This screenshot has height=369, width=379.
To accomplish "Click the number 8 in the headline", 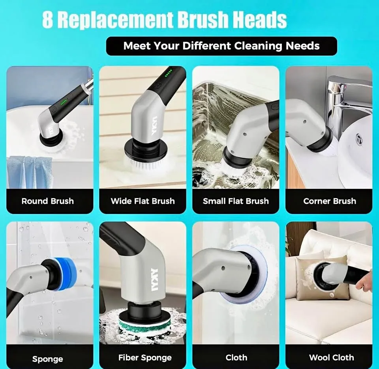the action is [48, 20].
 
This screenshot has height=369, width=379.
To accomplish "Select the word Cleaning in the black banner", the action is [258, 46].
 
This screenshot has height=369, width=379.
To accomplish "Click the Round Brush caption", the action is [48, 201].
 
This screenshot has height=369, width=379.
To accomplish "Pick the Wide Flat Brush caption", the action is [143, 201].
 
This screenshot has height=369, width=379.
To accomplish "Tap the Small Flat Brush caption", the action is [236, 201].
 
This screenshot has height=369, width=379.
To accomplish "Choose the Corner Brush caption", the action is [330, 201].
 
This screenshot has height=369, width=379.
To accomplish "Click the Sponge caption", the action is [48, 359].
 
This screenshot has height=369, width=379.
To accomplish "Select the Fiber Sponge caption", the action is [145, 358].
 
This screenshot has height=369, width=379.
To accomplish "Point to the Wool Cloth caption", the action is [331, 358].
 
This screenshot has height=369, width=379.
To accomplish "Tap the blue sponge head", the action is [65, 274].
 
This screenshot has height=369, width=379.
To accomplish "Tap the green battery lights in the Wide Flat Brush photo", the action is [169, 73].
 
